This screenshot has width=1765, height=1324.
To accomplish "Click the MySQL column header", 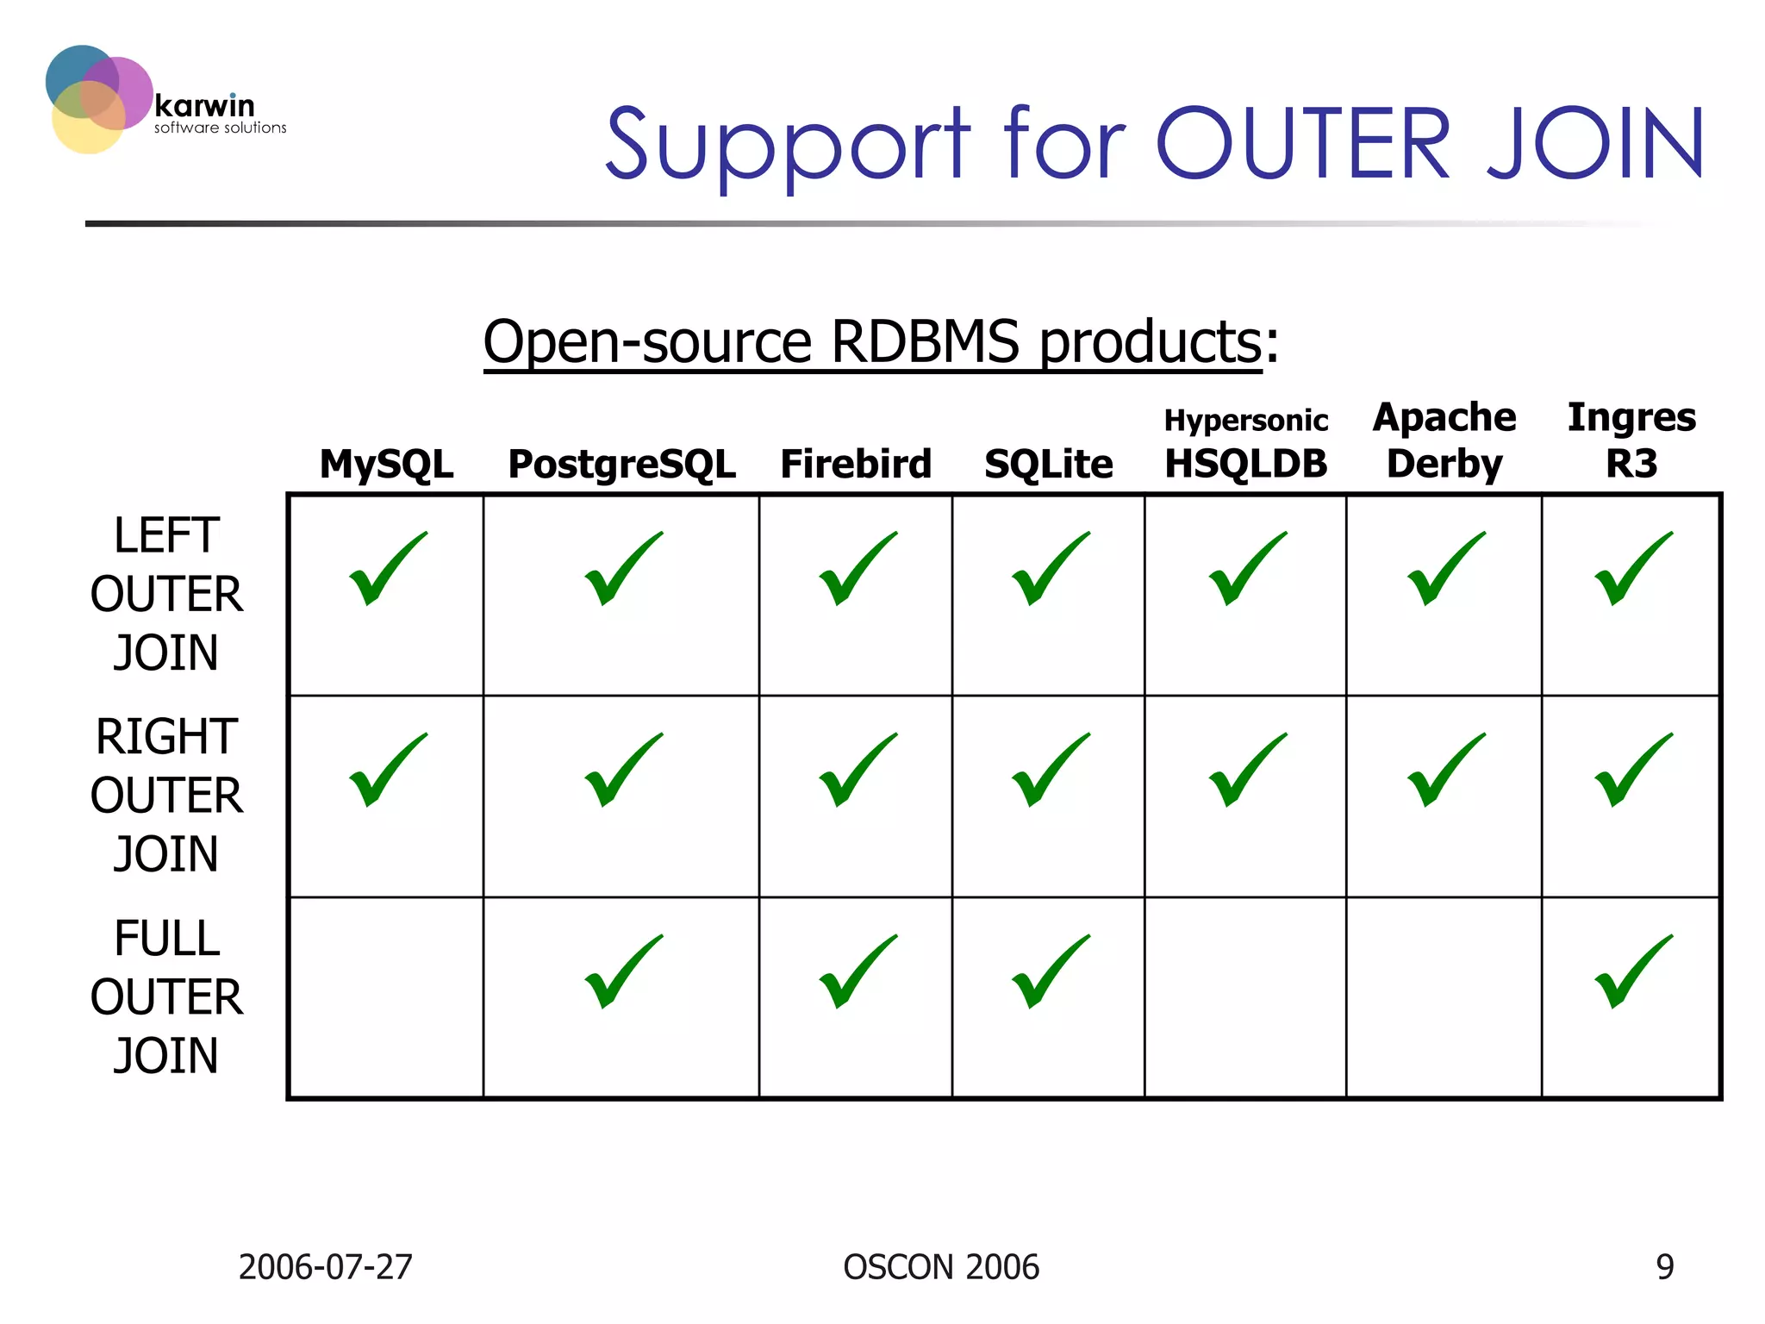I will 386,464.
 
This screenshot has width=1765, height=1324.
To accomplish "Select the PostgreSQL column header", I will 621,464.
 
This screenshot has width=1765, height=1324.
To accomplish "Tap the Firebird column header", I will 856,464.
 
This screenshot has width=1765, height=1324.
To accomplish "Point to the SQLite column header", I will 1048,464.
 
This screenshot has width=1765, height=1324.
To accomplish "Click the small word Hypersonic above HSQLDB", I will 1245,421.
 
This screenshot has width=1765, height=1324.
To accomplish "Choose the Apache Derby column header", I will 1444,440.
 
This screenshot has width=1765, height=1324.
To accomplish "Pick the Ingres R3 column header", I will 1631,440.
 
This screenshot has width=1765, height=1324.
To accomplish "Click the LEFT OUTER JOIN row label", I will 166,594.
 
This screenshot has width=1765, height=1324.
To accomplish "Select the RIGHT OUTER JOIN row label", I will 166,795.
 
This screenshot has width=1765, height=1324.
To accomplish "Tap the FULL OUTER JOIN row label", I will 166,996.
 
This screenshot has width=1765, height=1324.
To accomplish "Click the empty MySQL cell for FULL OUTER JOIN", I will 386,997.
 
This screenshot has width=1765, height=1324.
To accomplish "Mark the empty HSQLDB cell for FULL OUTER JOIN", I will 1245,997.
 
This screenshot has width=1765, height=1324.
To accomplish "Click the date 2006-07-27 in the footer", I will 325,1267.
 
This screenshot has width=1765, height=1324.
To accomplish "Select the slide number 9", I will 1664,1267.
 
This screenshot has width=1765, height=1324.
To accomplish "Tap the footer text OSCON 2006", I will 941,1267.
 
